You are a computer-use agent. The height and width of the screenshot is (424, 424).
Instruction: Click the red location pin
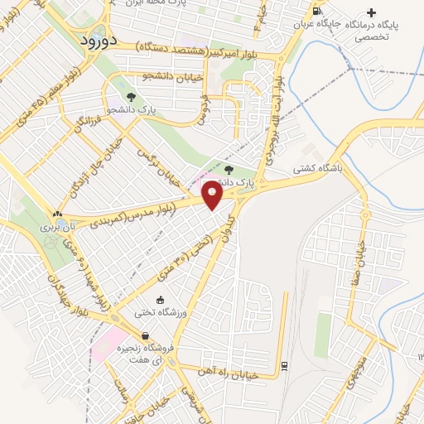pos(213,195)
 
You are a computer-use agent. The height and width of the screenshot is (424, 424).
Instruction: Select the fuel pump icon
pos(317,11)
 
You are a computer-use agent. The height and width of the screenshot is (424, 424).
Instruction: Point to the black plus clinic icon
pos(371,12)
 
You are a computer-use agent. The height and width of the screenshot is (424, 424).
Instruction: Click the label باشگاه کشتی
pos(316,166)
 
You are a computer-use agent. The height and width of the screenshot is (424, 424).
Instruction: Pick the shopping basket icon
pos(146,336)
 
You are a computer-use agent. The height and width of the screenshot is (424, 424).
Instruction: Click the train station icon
pos(284,365)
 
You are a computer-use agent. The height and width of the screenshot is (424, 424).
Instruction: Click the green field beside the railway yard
pos(324,335)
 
